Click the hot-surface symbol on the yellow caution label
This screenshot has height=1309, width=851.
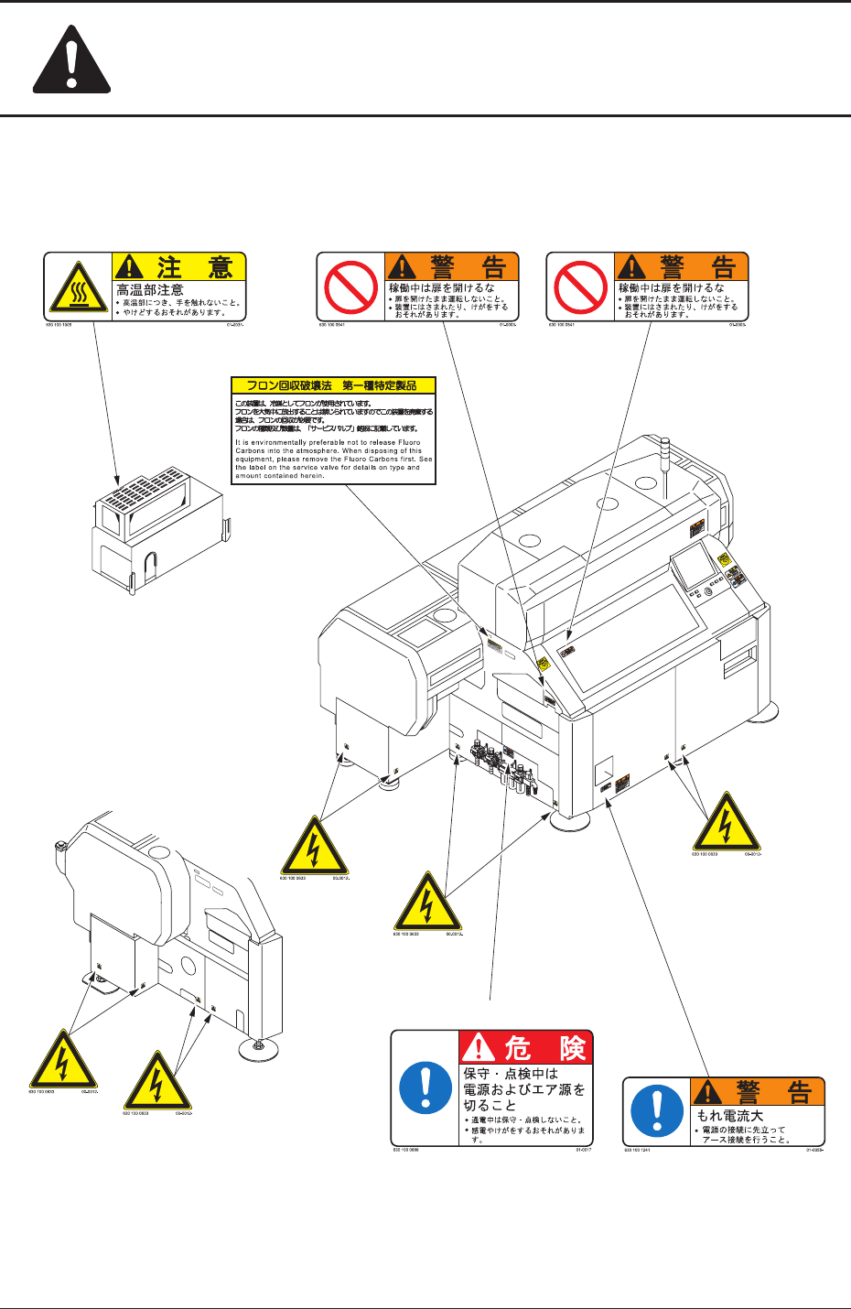(x=78, y=285)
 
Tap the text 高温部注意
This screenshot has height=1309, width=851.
(x=150, y=289)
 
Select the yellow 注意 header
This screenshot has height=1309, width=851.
(x=179, y=266)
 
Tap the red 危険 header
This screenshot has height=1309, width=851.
(x=525, y=1047)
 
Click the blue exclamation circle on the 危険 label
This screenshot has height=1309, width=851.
(x=425, y=1087)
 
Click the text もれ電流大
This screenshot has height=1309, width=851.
(x=730, y=1116)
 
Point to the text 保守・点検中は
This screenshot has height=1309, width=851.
(x=511, y=1074)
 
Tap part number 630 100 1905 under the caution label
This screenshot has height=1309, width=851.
(x=59, y=323)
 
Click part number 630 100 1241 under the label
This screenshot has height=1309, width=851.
(x=638, y=1150)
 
